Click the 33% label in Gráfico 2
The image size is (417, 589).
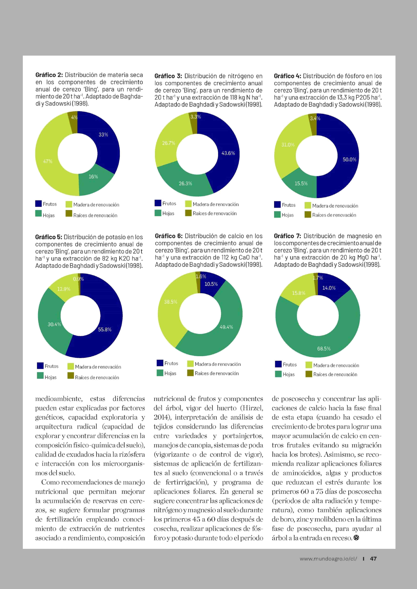point(103,134)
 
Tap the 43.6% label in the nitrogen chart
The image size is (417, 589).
point(228,153)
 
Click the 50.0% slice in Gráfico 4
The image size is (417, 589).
point(349,159)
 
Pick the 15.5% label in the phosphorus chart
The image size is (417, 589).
point(301,184)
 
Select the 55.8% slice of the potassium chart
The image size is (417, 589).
point(104,330)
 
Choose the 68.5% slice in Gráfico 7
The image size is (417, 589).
point(324,349)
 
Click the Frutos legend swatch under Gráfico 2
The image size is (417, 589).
point(39,204)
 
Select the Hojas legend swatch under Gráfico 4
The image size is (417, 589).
point(277,215)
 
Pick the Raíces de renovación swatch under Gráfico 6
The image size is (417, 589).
point(191,373)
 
